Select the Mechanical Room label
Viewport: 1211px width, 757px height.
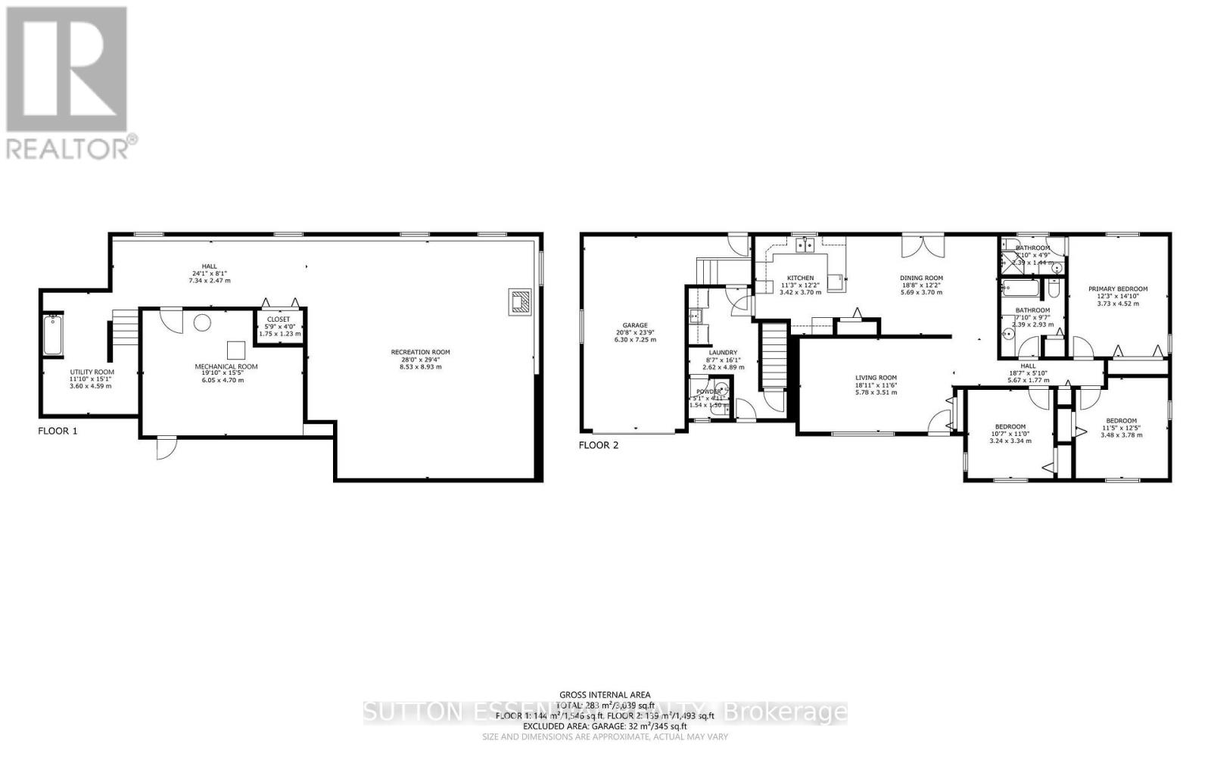[x=226, y=366]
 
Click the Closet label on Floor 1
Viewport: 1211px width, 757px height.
[x=279, y=319]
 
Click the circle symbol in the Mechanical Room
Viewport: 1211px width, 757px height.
[x=202, y=323]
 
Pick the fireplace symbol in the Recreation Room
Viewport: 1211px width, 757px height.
[x=521, y=301]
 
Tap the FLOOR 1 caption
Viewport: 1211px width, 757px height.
[x=58, y=431]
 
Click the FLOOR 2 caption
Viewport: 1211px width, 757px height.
[x=599, y=445]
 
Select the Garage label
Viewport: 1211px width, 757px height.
[x=635, y=326]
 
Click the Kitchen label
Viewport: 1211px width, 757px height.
[x=800, y=278]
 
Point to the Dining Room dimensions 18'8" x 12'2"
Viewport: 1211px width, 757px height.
[x=921, y=285]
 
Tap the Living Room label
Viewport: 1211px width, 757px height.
[x=876, y=378]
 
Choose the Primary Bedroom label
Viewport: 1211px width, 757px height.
[x=1118, y=288]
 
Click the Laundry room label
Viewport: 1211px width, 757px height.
[x=723, y=352]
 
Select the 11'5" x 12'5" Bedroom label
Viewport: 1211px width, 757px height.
[x=1121, y=421]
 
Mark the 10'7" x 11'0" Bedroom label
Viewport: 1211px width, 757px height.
[x=1010, y=426]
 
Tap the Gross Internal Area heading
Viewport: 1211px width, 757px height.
[x=605, y=694]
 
